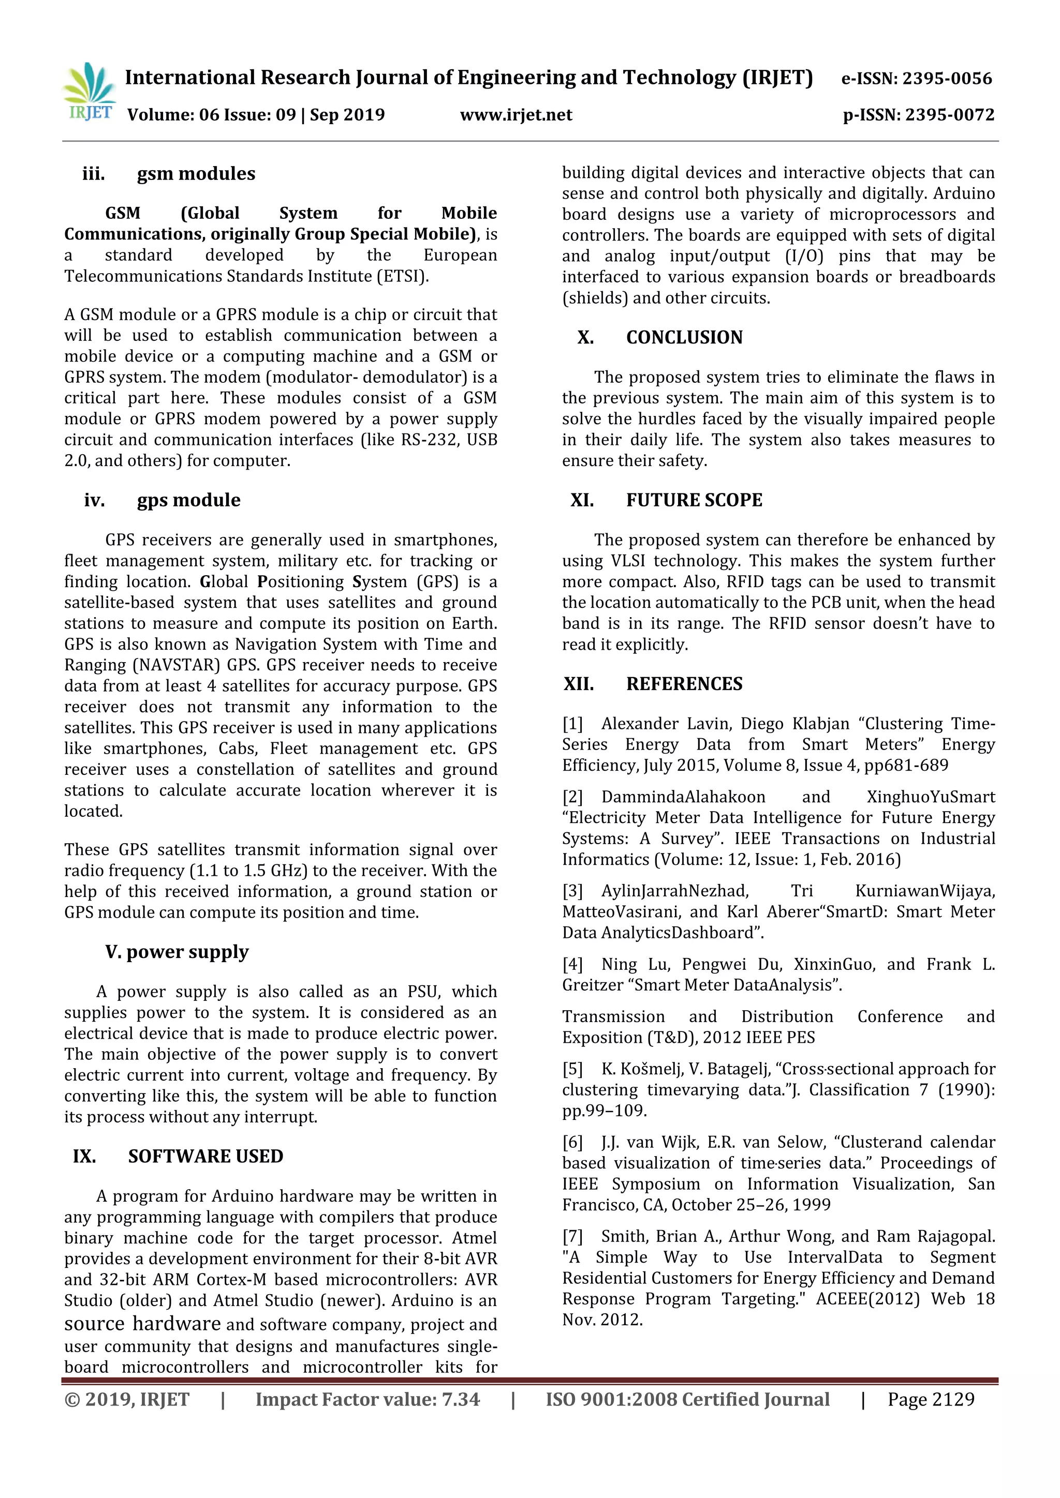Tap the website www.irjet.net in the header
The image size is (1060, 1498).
[516, 115]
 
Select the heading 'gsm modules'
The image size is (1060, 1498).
[196, 174]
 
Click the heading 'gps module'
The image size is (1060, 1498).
[188, 500]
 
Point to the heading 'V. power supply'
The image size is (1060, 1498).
[177, 952]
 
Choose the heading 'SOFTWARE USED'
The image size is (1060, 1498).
[205, 1156]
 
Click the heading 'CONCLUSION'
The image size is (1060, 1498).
[684, 337]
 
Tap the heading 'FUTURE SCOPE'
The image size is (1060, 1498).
[694, 500]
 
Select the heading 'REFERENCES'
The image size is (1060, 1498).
[684, 684]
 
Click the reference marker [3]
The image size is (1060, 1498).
[572, 891]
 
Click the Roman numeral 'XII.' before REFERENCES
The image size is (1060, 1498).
[579, 684]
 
